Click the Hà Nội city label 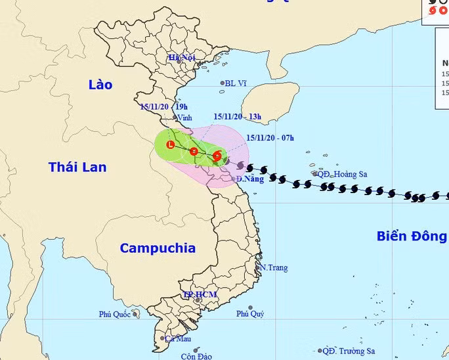(182, 58)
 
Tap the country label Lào (100, 85)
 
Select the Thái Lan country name (77, 168)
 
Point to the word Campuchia (158, 248)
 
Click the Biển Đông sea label (412, 236)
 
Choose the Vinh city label (184, 118)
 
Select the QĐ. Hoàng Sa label (342, 174)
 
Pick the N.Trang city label (274, 268)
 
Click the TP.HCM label (200, 294)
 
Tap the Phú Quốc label (115, 314)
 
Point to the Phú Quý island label (250, 314)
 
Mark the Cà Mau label (177, 339)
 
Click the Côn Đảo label (196, 356)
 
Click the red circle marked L (171, 145)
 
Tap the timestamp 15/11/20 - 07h (270, 138)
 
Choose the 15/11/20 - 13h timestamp (237, 117)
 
